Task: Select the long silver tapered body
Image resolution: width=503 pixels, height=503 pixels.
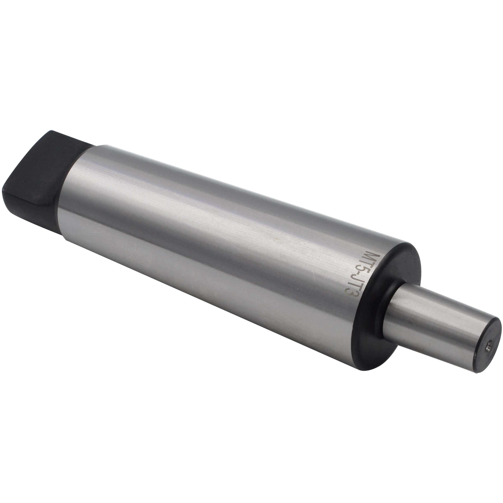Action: coord(208,234)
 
